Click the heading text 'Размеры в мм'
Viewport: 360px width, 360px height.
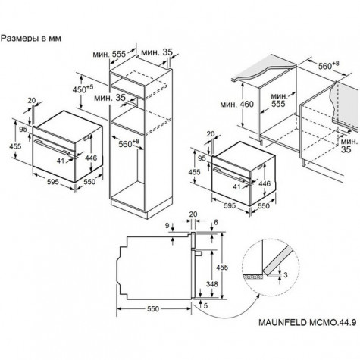31,39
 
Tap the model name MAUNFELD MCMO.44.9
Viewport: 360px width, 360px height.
308,322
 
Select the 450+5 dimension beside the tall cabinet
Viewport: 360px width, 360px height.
83,89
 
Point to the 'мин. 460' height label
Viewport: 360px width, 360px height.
236,104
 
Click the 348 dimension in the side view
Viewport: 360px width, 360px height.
211,284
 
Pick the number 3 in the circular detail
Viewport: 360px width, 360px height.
286,274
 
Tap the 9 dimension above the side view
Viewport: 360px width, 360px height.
167,226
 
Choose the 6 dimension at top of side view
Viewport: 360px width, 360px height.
215,222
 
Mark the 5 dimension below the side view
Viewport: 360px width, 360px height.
205,305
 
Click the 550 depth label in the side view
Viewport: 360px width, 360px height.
153,308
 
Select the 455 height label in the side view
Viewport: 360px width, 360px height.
222,267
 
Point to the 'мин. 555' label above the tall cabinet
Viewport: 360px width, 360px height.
109,54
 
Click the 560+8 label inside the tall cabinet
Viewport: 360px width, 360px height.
129,143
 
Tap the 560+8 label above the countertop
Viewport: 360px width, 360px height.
328,65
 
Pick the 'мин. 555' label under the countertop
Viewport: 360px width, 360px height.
278,100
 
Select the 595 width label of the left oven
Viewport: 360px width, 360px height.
52,182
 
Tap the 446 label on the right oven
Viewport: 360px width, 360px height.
265,183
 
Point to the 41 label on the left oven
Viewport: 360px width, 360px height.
61,161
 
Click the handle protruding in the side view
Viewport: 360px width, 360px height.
198,253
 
